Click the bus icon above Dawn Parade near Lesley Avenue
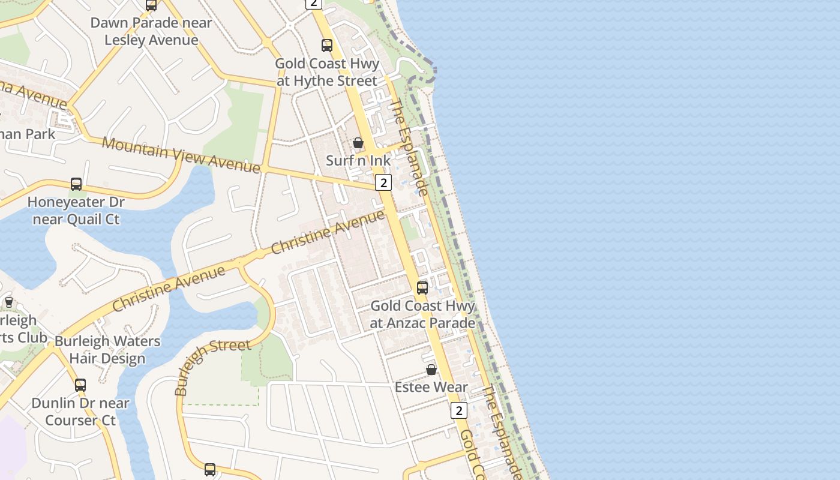tap(151, 5)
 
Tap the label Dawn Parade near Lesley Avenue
tap(151, 32)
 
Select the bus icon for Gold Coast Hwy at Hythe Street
tap(326, 46)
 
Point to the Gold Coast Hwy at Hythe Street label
tap(327, 72)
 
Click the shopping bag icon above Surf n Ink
tap(358, 143)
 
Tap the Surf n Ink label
tap(358, 161)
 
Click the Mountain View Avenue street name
tap(181, 154)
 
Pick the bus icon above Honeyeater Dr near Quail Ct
tap(76, 184)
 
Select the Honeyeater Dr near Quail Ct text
tap(76, 211)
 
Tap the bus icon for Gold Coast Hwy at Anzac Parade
tap(422, 288)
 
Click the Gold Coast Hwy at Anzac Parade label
tap(422, 314)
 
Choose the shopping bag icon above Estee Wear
tap(431, 370)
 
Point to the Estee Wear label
tap(431, 388)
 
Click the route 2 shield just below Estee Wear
tap(459, 410)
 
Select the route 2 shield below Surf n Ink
tap(383, 182)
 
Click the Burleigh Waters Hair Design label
tap(107, 350)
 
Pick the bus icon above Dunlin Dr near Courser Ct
tap(80, 385)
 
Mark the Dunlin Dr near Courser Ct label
tap(80, 412)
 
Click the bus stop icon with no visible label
tap(210, 470)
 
